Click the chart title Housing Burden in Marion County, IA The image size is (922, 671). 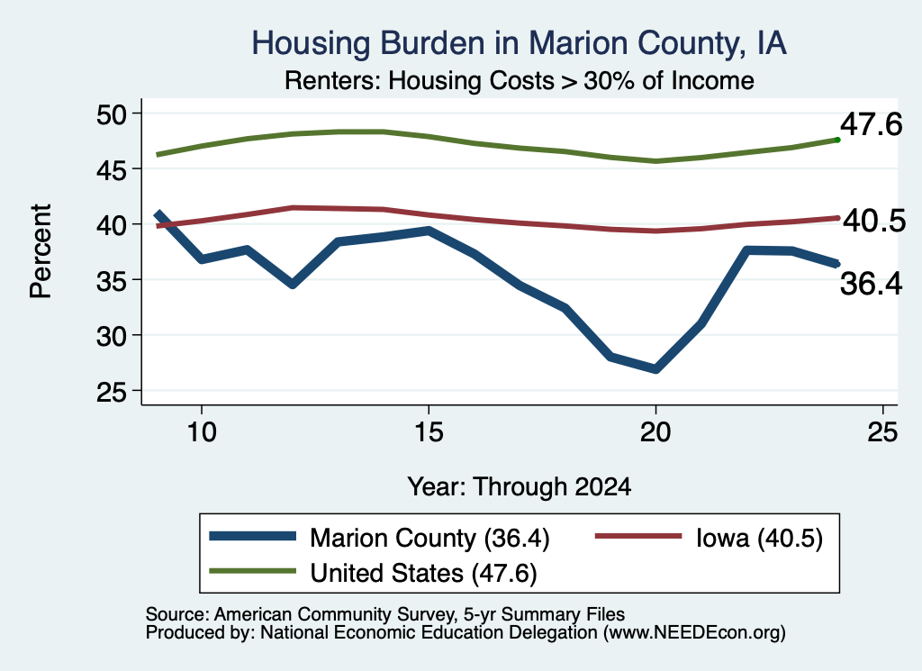point(520,43)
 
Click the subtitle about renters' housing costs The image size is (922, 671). point(520,80)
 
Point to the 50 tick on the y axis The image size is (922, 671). point(112,114)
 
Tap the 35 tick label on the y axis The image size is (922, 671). point(112,280)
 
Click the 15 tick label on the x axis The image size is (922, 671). point(429,433)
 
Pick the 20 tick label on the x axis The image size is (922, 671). point(655,433)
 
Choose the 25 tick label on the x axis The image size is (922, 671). point(882,433)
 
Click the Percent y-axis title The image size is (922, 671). point(41,251)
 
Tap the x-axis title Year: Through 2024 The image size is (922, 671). point(520,487)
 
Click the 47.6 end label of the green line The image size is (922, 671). point(871,124)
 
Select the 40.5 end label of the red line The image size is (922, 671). point(874,222)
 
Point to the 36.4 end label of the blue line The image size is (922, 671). point(871,284)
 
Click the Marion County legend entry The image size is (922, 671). point(379,538)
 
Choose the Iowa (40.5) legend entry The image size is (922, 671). point(710,538)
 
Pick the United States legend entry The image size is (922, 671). point(373,573)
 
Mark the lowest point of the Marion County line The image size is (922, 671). point(655,368)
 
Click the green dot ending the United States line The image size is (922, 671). point(837,140)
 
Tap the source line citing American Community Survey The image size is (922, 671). point(385,614)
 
